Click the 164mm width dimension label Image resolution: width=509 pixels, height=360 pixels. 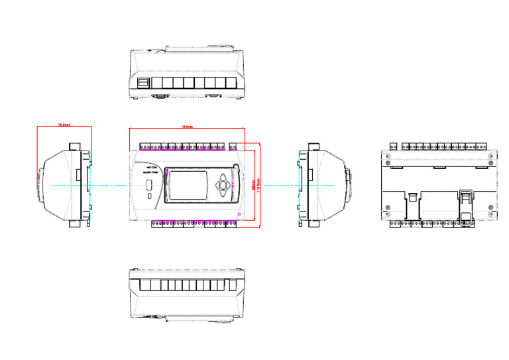tap(187, 127)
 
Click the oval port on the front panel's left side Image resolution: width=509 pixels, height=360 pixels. tap(149, 184)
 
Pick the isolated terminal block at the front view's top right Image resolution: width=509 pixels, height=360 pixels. tap(233, 145)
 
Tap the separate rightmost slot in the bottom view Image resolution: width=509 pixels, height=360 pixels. tap(233, 286)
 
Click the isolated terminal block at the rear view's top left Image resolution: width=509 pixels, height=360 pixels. tap(394, 145)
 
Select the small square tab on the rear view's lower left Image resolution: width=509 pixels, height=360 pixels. tap(412, 198)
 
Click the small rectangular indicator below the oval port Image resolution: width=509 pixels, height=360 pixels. tap(149, 196)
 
